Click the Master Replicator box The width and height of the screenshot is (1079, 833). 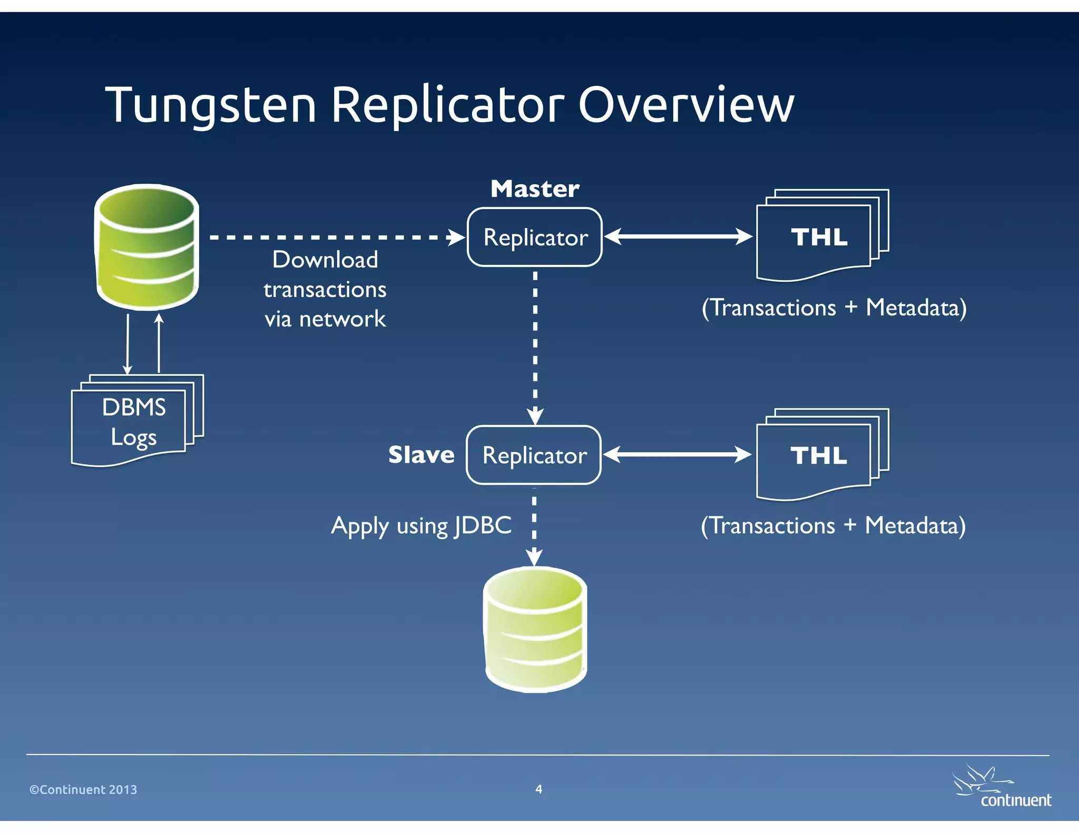coord(534,237)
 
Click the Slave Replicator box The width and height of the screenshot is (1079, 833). coord(534,455)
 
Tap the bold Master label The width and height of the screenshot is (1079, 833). coord(534,189)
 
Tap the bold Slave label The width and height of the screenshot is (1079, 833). coord(421,454)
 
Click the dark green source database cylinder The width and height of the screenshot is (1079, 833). coord(146,246)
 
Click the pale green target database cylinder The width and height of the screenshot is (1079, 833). coord(535,629)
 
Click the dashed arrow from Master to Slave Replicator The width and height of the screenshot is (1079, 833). coord(535,342)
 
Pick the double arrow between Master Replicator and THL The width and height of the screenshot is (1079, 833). coord(678,236)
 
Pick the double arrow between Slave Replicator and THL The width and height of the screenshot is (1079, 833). coord(676,454)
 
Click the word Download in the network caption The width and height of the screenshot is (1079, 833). coord(325,260)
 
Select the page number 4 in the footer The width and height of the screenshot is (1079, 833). coord(538,789)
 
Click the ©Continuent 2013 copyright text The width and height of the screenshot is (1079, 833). coord(83,789)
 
